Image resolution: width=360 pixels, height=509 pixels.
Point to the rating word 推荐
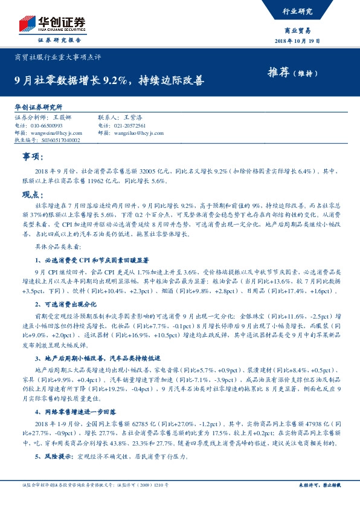click(x=279, y=72)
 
